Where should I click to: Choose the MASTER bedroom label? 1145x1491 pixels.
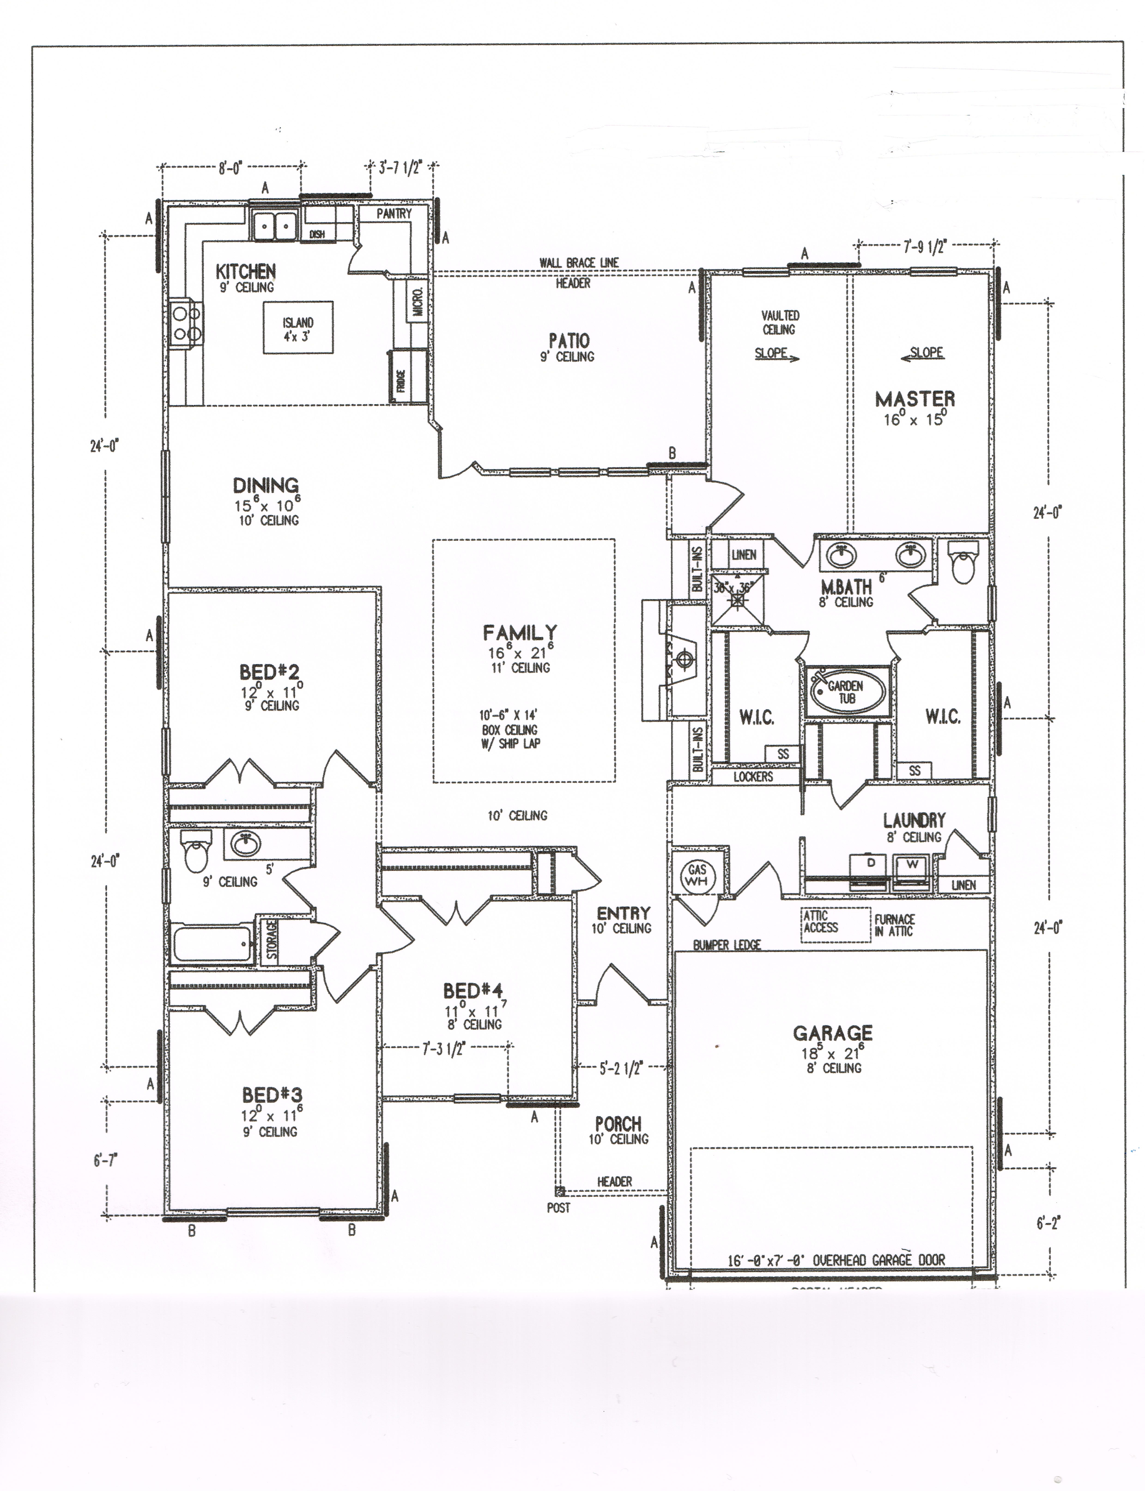click(915, 399)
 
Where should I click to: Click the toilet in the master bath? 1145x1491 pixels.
click(962, 565)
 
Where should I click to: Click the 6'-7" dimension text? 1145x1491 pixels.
click(106, 1160)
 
